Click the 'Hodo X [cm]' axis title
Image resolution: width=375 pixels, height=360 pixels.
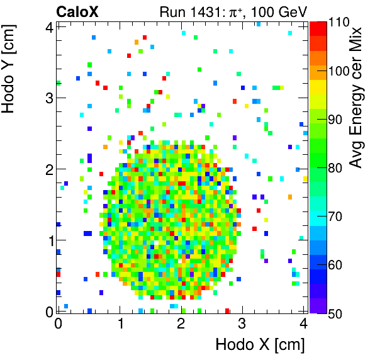pyautogui.click(x=260, y=345)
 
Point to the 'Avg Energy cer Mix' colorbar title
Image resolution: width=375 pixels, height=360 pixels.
pyautogui.click(x=357, y=98)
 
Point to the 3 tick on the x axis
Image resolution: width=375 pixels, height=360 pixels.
pyautogui.click(x=242, y=323)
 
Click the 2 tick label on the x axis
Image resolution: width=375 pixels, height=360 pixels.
pyautogui.click(x=181, y=323)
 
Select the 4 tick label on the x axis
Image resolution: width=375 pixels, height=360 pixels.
pyautogui.click(x=303, y=323)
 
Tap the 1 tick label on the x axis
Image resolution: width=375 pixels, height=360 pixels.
pyautogui.click(x=120, y=323)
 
